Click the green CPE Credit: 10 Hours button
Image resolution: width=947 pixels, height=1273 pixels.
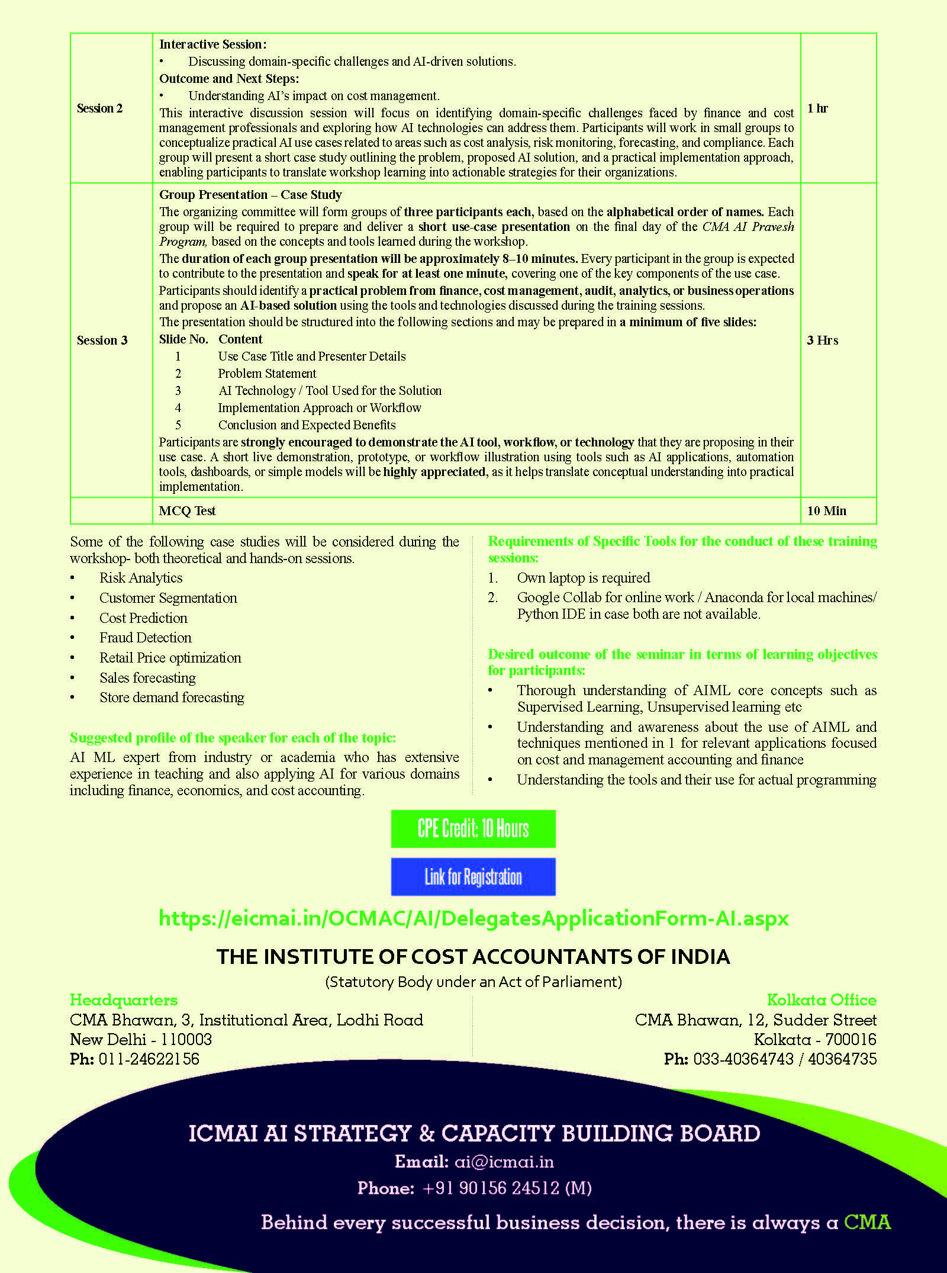tap(473, 828)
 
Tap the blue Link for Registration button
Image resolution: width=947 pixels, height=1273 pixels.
tap(473, 876)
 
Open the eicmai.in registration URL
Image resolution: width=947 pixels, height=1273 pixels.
tap(474, 918)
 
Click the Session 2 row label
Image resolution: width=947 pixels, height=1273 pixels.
tap(99, 108)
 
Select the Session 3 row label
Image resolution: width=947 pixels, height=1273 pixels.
tap(102, 340)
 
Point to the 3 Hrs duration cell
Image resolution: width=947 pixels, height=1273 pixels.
tap(822, 340)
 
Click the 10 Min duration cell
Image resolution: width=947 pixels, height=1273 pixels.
tap(826, 511)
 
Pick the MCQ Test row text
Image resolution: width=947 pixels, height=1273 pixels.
tap(187, 511)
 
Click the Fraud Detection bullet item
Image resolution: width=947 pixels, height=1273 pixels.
tap(145, 638)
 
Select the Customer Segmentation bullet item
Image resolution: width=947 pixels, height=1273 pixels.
tap(168, 598)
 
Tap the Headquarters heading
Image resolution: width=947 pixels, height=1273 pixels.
tap(124, 1000)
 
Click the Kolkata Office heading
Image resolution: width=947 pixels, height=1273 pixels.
tap(822, 1000)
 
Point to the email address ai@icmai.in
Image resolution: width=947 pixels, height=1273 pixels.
tap(504, 1162)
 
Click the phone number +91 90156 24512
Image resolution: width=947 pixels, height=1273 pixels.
tap(507, 1188)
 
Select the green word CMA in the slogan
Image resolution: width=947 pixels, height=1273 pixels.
tap(867, 1222)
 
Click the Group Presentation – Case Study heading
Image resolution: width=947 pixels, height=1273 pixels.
tap(250, 195)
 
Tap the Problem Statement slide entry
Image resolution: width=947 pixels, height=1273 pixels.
tap(267, 374)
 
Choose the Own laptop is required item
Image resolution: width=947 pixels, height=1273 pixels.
tap(583, 578)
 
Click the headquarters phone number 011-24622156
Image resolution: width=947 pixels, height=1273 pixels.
tap(149, 1059)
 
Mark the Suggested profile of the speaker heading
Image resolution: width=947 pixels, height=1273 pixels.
tap(233, 738)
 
